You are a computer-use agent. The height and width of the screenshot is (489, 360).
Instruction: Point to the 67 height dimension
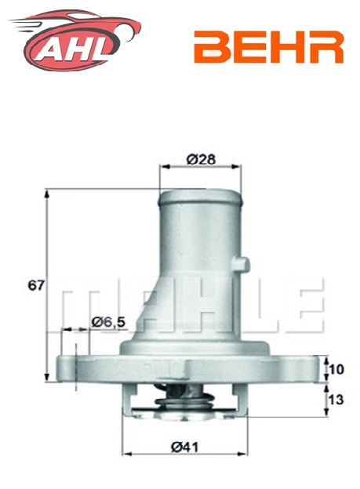pyautogui.click(x=35, y=285)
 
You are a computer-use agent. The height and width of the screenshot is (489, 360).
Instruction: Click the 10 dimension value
pyautogui.click(x=336, y=368)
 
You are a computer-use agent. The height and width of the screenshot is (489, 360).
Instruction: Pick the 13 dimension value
pyautogui.click(x=336, y=400)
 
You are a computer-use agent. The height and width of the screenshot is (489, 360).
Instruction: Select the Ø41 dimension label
pyautogui.click(x=184, y=447)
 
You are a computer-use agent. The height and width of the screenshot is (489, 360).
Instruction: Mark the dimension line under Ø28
pyautogui.click(x=189, y=167)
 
